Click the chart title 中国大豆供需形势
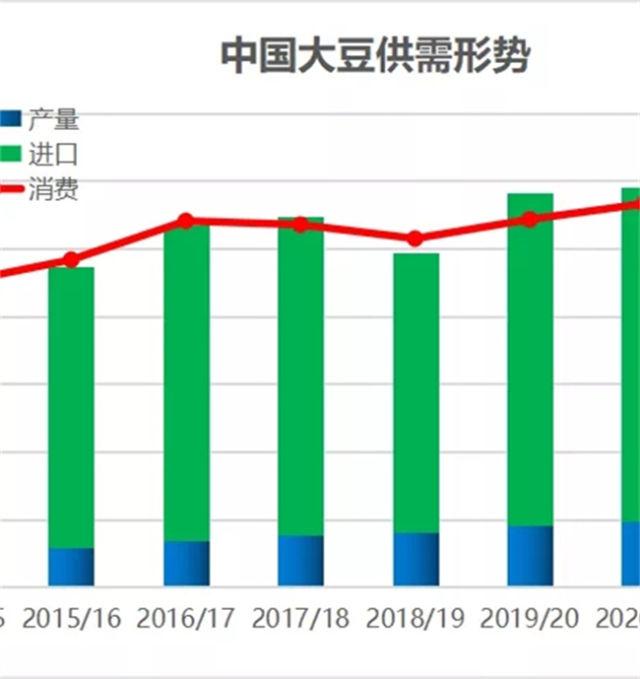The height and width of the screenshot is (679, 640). point(374,55)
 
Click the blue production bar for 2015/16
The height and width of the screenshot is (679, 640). point(71,567)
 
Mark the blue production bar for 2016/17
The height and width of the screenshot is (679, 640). point(186,564)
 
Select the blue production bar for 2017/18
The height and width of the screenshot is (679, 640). point(300,561)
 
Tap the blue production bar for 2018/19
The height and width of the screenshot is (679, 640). point(416,560)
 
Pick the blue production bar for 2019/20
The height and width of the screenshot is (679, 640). point(530,556)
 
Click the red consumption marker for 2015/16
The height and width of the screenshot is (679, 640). point(71,260)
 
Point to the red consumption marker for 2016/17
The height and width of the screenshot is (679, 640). point(186,221)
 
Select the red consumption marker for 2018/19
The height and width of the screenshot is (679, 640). point(416,238)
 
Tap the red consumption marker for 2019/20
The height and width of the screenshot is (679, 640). point(530,219)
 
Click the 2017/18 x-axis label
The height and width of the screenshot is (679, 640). point(300,619)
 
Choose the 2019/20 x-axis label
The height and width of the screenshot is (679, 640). point(530,619)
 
